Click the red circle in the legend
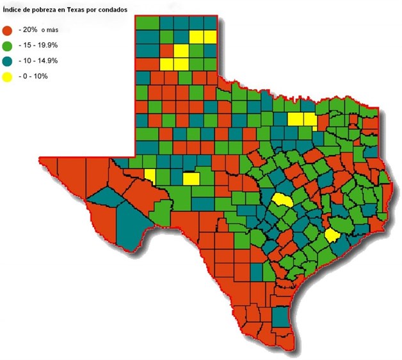pos(8,30)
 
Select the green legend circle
pos(8,45)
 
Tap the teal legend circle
pos(8,61)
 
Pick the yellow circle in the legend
pos(8,76)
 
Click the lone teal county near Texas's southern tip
pos(280,317)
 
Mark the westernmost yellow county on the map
pos(150,174)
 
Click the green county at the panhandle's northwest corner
pos(147,22)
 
